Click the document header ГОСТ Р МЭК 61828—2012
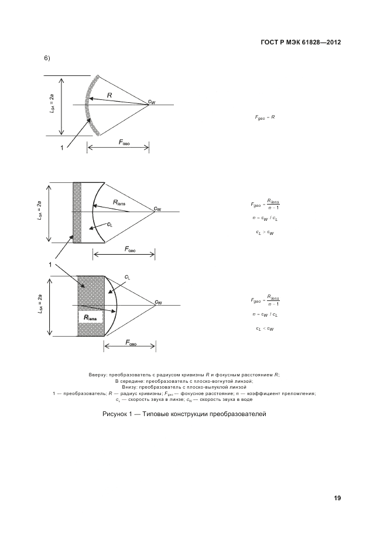point(300,43)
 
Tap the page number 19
point(337,498)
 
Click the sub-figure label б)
point(47,58)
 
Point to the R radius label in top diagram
point(109,94)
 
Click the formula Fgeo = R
point(265,117)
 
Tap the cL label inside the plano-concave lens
point(110,224)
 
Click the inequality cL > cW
point(265,232)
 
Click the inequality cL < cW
point(265,328)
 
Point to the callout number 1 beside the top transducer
point(61,148)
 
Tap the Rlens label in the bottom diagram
point(93,318)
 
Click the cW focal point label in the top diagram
point(152,102)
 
